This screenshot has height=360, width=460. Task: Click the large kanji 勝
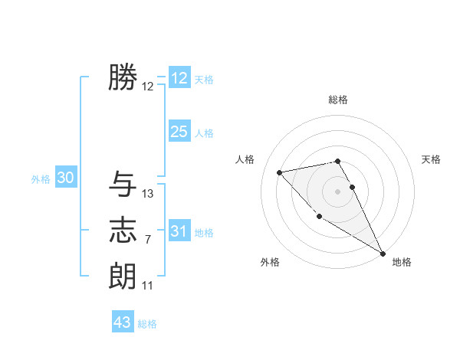(x=123, y=78)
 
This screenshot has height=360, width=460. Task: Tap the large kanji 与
(x=123, y=184)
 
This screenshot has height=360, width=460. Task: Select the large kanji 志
(x=123, y=231)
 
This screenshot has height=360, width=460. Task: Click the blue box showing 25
(x=179, y=132)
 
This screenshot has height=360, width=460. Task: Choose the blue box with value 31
(x=179, y=231)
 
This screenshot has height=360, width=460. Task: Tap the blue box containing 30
(x=65, y=178)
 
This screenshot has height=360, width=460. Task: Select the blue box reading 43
(x=123, y=322)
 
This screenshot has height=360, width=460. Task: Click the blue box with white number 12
(x=179, y=78)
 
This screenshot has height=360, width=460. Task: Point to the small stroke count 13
(x=148, y=194)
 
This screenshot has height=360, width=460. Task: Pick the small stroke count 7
(x=147, y=240)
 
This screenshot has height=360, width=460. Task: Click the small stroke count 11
(x=147, y=286)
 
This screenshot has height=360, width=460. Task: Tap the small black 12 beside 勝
(x=148, y=87)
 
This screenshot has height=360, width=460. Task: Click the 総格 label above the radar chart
(x=337, y=100)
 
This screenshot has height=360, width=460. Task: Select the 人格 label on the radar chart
(x=245, y=159)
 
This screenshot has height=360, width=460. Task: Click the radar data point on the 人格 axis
(x=280, y=172)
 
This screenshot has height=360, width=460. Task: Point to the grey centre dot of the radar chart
(x=337, y=191)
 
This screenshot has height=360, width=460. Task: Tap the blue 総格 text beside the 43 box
(x=147, y=324)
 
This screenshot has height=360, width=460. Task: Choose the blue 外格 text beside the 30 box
(x=41, y=179)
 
